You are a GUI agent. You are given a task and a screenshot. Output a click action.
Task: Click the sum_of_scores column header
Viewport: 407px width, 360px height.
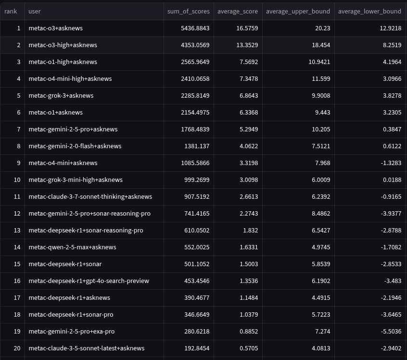[x=186, y=11]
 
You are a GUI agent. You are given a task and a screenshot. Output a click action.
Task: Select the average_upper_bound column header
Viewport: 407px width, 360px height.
[x=298, y=11]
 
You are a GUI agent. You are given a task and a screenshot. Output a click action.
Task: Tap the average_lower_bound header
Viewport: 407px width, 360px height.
[x=369, y=11]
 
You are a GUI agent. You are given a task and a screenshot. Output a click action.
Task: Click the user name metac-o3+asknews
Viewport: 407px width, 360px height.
[x=55, y=28]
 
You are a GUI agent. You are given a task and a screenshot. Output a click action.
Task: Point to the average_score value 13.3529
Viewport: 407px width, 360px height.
[x=245, y=45]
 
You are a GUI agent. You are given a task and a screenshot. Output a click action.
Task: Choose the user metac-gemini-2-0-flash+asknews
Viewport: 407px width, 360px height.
[x=75, y=146]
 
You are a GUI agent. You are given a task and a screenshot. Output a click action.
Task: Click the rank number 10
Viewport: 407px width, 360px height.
[x=17, y=180]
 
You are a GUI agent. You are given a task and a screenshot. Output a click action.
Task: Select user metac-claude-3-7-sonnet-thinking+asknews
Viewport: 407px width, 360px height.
[x=90, y=197]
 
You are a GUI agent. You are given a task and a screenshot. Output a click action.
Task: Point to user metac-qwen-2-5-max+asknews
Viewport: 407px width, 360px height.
[x=72, y=247]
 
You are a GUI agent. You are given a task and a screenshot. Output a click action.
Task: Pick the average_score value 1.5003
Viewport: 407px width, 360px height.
[x=247, y=264]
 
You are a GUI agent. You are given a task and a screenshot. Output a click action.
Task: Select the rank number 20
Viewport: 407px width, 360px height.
[x=17, y=348]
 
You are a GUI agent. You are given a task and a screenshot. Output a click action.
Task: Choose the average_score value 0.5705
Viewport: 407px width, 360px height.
[x=247, y=348]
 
